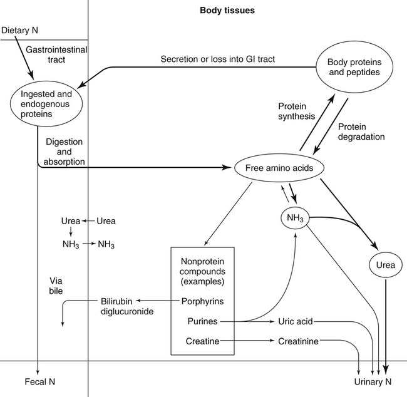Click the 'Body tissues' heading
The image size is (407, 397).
[x=227, y=11]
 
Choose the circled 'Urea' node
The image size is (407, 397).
[x=385, y=265]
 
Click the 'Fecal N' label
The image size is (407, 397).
[x=37, y=381]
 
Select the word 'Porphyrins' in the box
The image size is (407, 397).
[x=202, y=301]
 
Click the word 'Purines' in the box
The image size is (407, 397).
[x=202, y=321]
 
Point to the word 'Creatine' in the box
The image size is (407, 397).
[x=202, y=341]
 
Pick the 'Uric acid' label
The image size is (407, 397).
[x=295, y=321]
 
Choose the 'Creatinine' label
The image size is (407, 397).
[x=299, y=341]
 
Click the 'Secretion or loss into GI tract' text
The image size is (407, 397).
[x=217, y=59]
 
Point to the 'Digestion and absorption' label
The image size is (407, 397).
[x=64, y=152]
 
